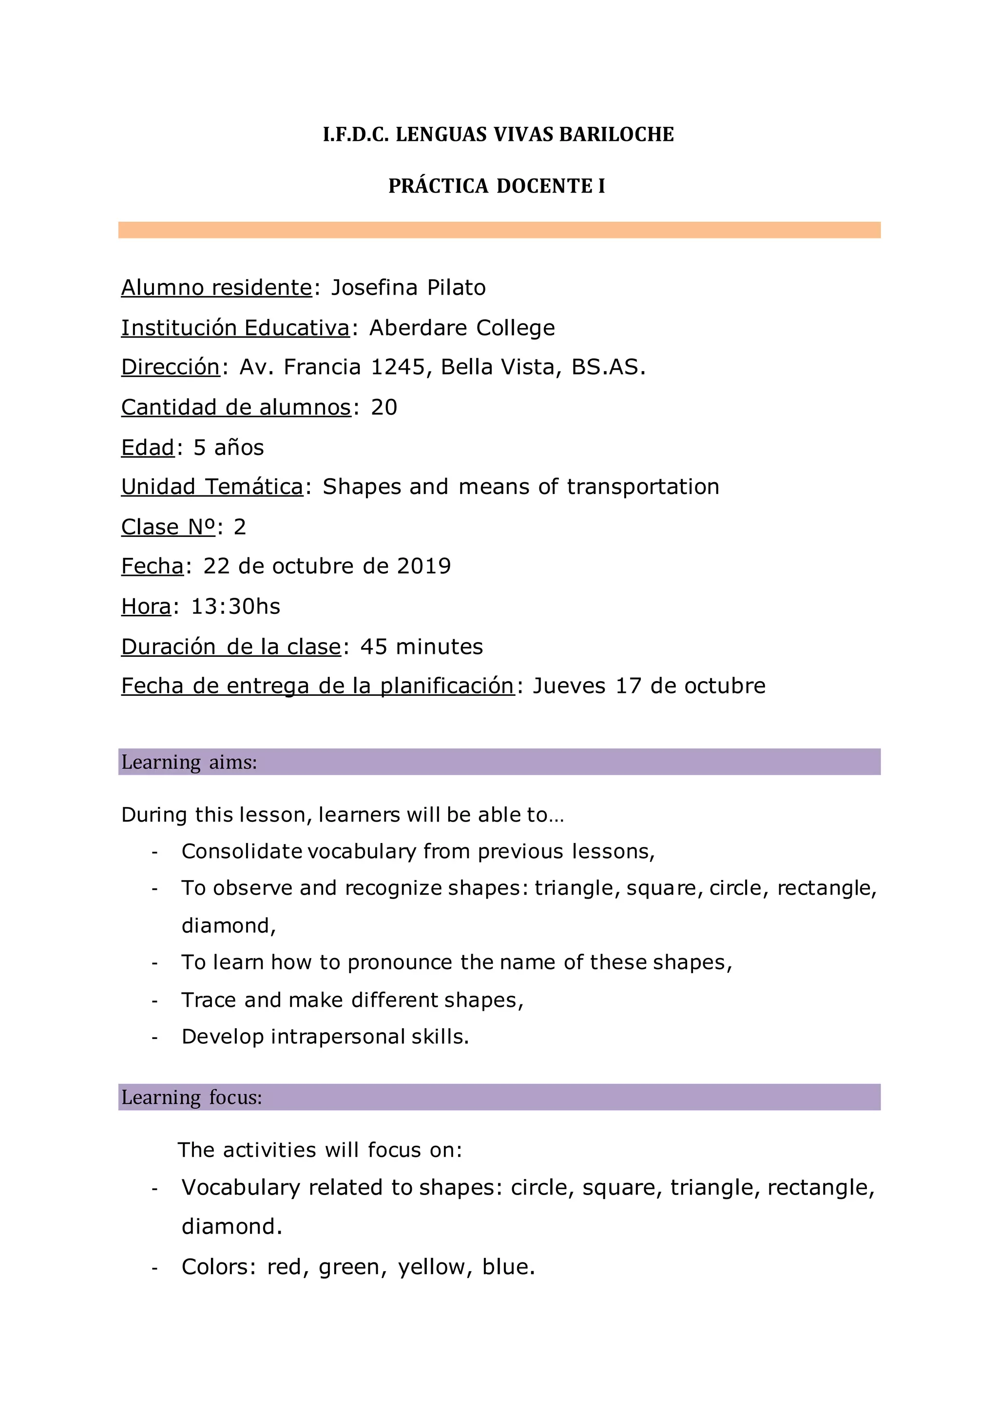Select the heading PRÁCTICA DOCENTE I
click(497, 186)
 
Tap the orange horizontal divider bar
click(499, 230)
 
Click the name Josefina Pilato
click(408, 288)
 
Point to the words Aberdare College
click(462, 328)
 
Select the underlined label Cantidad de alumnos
click(236, 407)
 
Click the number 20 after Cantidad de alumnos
click(384, 407)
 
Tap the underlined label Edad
click(148, 447)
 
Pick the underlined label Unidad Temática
click(212, 487)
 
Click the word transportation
click(643, 487)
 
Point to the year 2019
click(424, 566)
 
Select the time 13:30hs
click(236, 607)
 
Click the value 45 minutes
click(422, 647)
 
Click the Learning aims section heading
click(189, 763)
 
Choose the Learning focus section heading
click(192, 1098)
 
